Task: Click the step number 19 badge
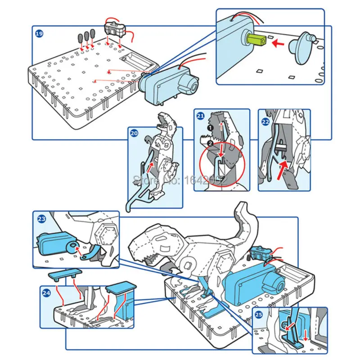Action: pyautogui.click(x=39, y=33)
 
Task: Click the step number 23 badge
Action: pyautogui.click(x=41, y=219)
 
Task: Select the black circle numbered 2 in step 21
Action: pyautogui.click(x=209, y=143)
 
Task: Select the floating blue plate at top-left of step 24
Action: pyautogui.click(x=64, y=273)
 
